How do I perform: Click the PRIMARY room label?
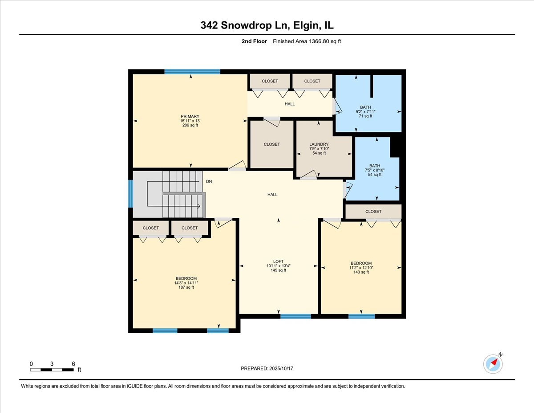(x=190, y=116)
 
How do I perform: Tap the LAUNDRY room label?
(x=319, y=144)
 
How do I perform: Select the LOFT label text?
(x=278, y=262)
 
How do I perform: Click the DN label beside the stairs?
(x=209, y=182)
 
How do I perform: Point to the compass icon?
(x=493, y=364)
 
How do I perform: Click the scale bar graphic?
(x=52, y=369)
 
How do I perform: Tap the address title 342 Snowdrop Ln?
(x=267, y=26)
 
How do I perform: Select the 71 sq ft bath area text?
(x=365, y=116)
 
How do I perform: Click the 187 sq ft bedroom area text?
(x=186, y=287)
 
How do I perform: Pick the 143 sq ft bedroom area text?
(x=360, y=272)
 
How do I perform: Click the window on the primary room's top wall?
(x=192, y=72)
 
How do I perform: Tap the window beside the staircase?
(x=130, y=194)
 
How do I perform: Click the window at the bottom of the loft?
(x=295, y=316)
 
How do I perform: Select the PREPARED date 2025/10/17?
(x=267, y=368)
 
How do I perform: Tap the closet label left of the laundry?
(x=272, y=144)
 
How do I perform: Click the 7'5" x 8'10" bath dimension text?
(x=374, y=170)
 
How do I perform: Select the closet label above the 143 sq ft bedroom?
(x=373, y=211)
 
